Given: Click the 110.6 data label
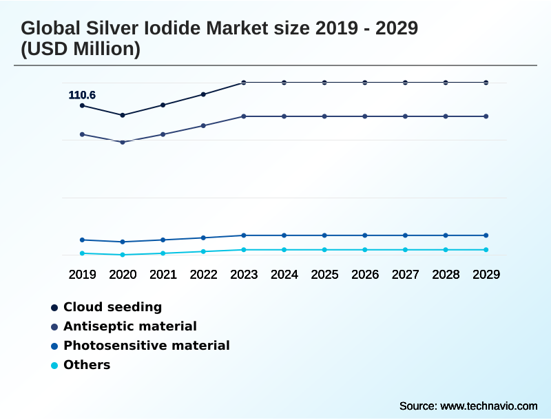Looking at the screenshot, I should [x=82, y=95].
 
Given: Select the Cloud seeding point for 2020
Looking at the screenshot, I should [x=123, y=115].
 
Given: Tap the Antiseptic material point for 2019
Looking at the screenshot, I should [x=82, y=134].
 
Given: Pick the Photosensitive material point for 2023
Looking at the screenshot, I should [x=244, y=235].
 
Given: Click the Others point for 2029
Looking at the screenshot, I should [x=486, y=250].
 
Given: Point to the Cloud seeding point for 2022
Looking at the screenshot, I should [x=203, y=94].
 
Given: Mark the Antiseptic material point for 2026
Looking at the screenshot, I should [x=365, y=116].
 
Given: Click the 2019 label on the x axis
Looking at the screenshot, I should [x=82, y=274].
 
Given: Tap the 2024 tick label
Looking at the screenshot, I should [x=284, y=274].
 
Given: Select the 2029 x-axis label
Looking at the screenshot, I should [x=486, y=274].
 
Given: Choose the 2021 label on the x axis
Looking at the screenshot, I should [x=163, y=274].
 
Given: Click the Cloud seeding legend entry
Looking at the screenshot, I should [x=112, y=307].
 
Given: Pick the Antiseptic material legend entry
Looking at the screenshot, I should [x=129, y=326].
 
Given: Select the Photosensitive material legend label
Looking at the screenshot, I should [x=146, y=346].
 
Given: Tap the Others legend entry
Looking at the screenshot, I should [x=87, y=365].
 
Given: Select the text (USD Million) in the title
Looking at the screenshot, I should [x=81, y=50].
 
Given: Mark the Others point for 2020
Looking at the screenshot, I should [x=123, y=255].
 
